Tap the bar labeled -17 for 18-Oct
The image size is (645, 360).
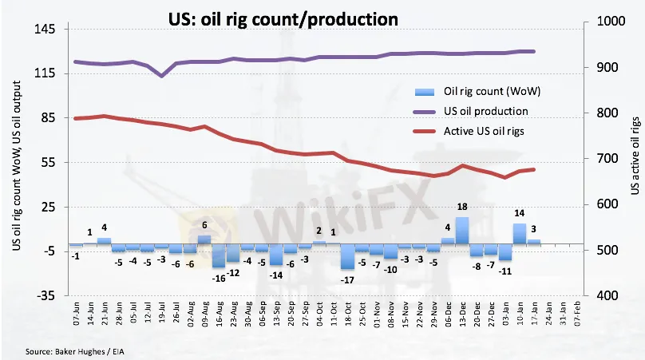[x=346, y=256]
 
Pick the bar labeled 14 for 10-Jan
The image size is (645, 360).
[x=519, y=233]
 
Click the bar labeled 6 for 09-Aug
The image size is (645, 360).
[x=204, y=239]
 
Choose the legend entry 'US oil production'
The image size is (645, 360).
[x=484, y=110]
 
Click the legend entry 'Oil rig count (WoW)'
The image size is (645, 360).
[x=488, y=91]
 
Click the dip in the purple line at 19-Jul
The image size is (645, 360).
[x=162, y=76]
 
